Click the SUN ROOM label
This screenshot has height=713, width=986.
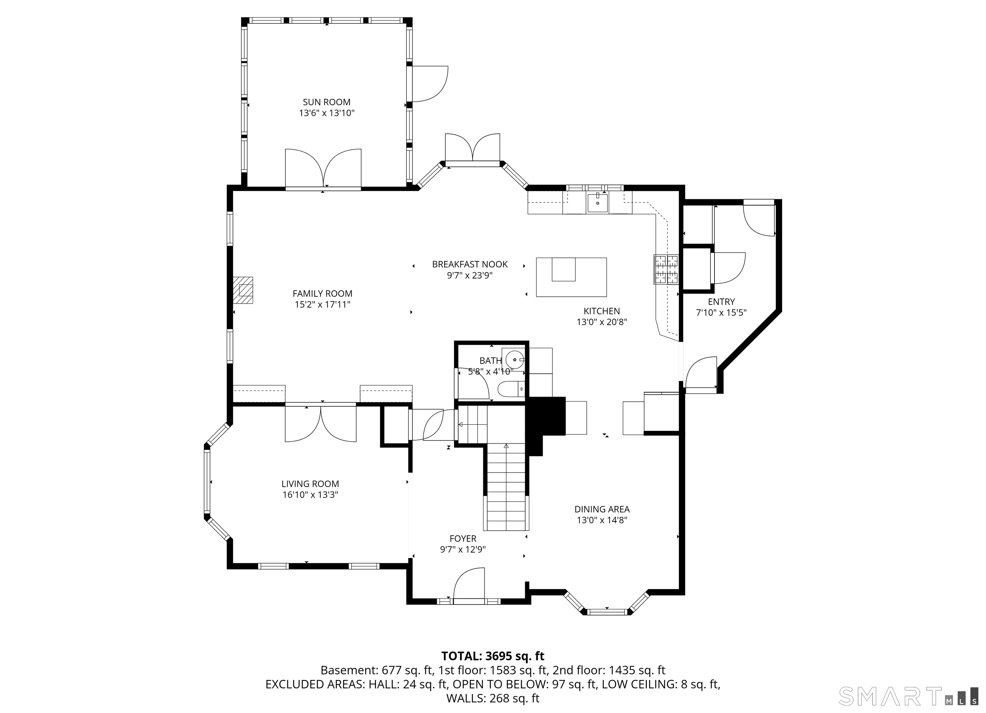[x=326, y=102]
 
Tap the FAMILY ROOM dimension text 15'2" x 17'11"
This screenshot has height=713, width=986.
[x=323, y=304]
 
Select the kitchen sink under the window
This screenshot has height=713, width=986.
[x=597, y=202]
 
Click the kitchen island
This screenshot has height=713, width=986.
[x=571, y=277]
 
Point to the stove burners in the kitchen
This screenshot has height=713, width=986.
[x=666, y=269]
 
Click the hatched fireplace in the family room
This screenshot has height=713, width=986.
[x=243, y=290]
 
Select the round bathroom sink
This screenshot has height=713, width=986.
[x=515, y=359]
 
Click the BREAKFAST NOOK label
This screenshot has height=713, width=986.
[x=470, y=264]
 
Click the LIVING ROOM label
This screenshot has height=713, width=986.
[x=310, y=484]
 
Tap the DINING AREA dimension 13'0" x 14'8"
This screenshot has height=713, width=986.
[x=602, y=520]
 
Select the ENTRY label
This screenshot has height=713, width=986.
[x=721, y=302]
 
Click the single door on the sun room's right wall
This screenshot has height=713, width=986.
[x=429, y=84]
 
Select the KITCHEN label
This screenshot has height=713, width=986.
[x=602, y=311]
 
